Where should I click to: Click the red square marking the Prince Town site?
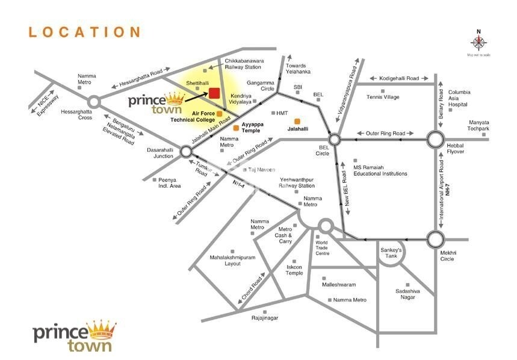tap(213, 93)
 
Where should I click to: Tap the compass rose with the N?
tap(479, 42)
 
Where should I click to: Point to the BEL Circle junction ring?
tap(335, 140)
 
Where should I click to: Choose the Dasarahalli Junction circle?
tap(185, 152)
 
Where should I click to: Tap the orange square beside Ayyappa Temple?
tap(228, 128)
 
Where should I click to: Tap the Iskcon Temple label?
tap(294, 269)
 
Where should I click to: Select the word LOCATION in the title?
tap(84, 32)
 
